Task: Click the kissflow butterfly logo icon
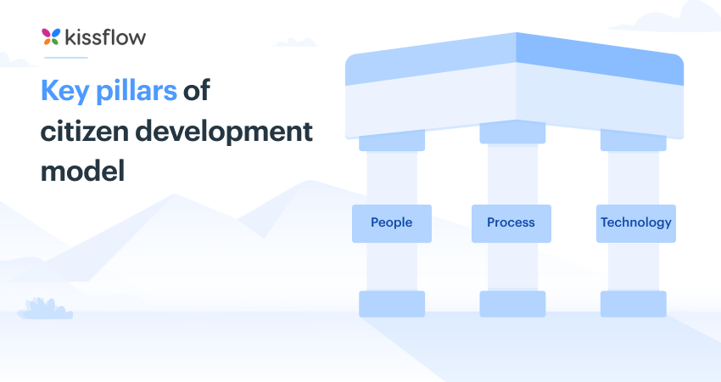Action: (51, 36)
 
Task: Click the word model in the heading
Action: (82, 171)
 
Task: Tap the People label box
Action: (392, 223)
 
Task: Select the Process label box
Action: (511, 223)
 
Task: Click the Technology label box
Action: (636, 223)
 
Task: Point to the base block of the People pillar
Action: (392, 303)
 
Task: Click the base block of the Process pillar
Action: (512, 303)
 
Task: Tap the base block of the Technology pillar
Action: (633, 303)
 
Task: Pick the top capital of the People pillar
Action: (392, 140)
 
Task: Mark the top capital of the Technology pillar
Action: (633, 139)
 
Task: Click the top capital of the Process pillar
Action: (512, 133)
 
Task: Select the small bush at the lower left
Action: (44, 308)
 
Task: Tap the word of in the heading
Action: (196, 92)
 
